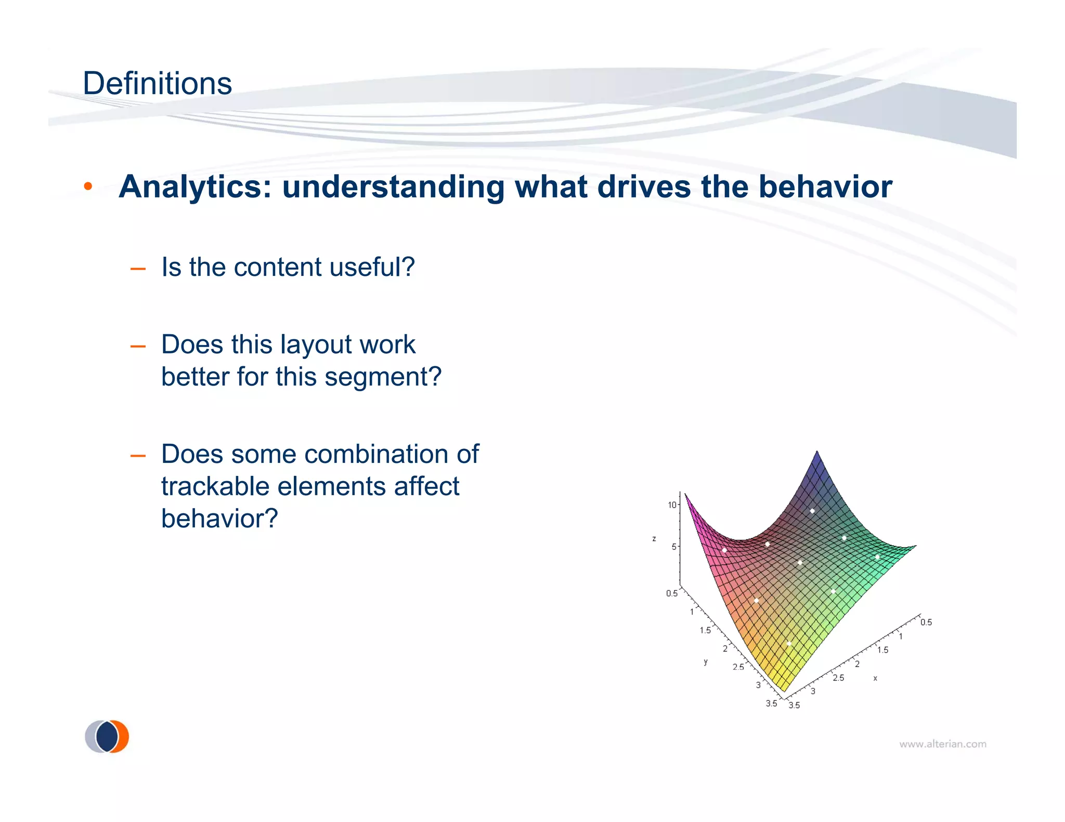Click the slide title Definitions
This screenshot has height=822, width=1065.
[157, 84]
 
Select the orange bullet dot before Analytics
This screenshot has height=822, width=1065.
[88, 187]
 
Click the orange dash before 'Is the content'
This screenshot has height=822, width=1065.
[138, 269]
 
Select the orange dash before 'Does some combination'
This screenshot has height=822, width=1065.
[138, 456]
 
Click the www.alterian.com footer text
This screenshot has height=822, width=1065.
[942, 744]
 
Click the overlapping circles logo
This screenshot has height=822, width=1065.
[107, 736]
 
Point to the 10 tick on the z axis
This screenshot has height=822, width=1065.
[672, 505]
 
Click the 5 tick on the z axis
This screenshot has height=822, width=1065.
[674, 547]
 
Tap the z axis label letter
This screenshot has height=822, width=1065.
[654, 539]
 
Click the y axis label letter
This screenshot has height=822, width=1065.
[705, 662]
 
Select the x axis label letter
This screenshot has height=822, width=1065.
[875, 678]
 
